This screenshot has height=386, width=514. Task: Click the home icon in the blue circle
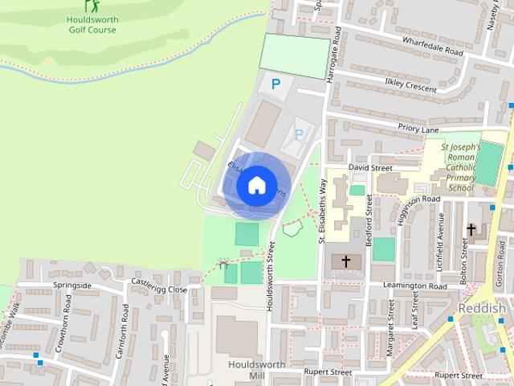pyautogui.click(x=256, y=185)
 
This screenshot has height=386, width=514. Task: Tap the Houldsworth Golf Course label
pyautogui.click(x=92, y=24)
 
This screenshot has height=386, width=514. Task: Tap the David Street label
pyautogui.click(x=369, y=168)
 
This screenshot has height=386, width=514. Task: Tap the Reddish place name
pyautogui.click(x=482, y=310)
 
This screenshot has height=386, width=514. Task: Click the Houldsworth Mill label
pyautogui.click(x=245, y=369)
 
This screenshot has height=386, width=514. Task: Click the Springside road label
pyautogui.click(x=73, y=285)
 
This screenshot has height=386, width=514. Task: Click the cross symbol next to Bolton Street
pyautogui.click(x=471, y=229)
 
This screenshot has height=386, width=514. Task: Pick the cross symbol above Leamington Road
pyautogui.click(x=346, y=261)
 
